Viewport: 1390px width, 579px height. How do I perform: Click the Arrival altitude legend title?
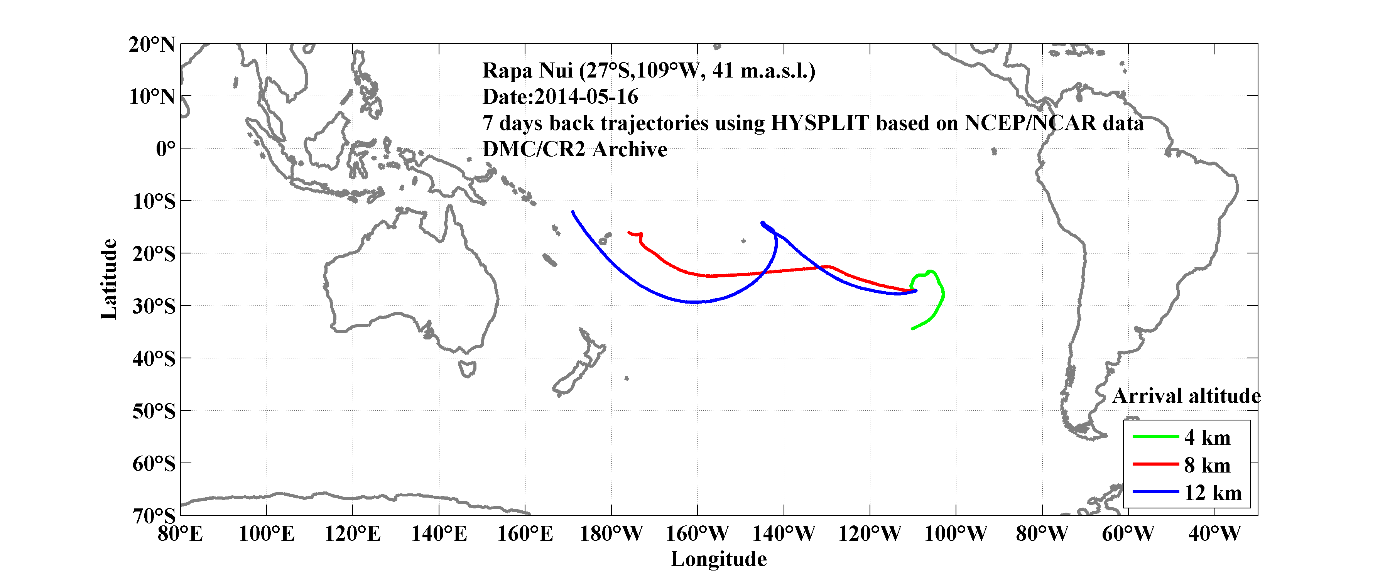[1186, 396]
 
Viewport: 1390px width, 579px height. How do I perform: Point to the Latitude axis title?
[108, 279]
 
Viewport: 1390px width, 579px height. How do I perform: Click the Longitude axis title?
[718, 559]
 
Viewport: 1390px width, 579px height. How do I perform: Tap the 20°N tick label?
[152, 44]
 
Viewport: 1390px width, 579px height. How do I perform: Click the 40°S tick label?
[154, 358]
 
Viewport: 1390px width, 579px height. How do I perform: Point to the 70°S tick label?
[154, 515]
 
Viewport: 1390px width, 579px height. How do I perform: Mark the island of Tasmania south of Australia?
[467, 369]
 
